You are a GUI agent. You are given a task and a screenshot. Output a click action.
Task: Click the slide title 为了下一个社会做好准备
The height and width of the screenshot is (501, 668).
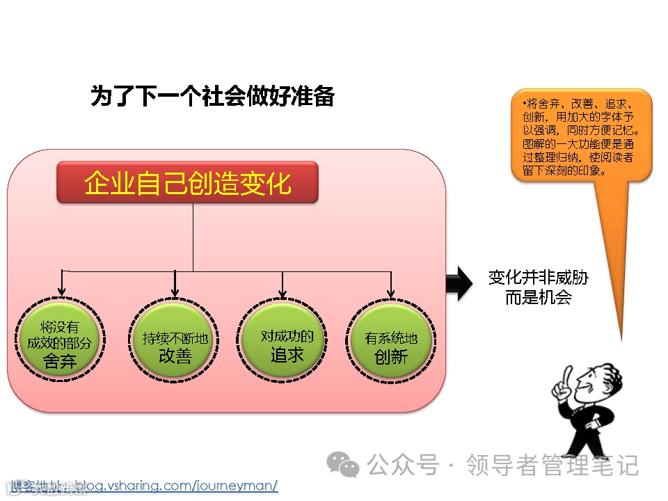click(x=212, y=96)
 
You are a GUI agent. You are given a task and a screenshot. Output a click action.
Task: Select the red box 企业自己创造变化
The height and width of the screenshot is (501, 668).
click(x=187, y=183)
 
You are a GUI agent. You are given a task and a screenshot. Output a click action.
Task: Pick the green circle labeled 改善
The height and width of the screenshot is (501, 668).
click(x=175, y=341)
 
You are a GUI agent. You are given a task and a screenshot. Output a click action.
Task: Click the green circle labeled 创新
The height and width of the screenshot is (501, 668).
click(x=391, y=341)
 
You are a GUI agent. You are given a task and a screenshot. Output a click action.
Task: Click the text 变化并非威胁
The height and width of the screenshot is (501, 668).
click(x=538, y=278)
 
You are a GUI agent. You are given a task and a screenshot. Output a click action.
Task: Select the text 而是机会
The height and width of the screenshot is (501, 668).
click(x=538, y=298)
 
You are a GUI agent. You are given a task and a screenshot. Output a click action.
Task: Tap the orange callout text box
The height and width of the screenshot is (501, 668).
click(x=581, y=136)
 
